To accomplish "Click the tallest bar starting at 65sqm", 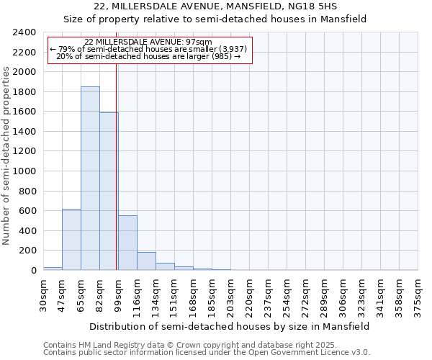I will [90, 179].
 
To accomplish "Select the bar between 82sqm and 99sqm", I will [109, 192].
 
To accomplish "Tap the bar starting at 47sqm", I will [71, 239].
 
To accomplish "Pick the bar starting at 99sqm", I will [127, 243].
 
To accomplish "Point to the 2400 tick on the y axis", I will [26, 33].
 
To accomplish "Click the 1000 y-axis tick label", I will [26, 171].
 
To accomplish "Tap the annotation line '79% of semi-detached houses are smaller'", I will [148, 49].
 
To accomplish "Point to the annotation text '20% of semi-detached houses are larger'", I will [148, 56].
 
